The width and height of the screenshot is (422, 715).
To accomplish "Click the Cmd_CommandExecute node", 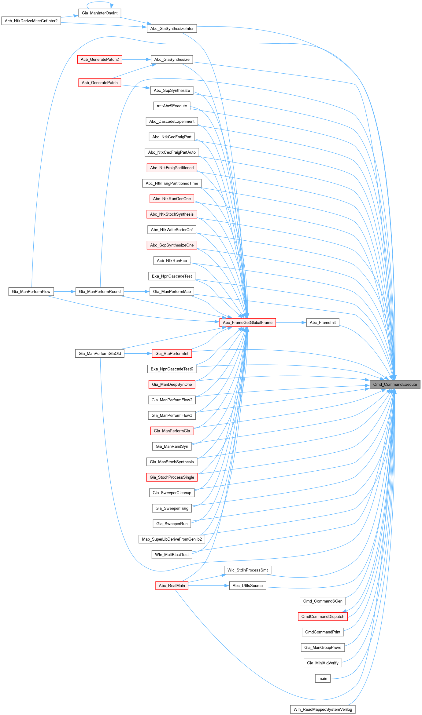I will pyautogui.click(x=395, y=384).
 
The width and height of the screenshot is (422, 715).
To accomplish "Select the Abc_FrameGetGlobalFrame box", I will pyautogui.click(x=247, y=323).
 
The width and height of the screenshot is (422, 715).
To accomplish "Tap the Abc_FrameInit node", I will pyautogui.click(x=323, y=323).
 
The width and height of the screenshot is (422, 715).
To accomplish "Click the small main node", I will pyautogui.click(x=323, y=678).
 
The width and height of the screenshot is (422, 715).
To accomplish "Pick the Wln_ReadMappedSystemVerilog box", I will pyautogui.click(x=323, y=709).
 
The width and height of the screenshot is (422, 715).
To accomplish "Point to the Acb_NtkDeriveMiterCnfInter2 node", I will pyautogui.click(x=31, y=21).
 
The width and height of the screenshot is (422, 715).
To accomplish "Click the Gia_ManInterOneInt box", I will pyautogui.click(x=100, y=13).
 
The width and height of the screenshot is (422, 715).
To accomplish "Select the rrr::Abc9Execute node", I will pyautogui.click(x=172, y=106).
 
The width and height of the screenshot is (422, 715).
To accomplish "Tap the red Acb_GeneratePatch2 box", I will pyautogui.click(x=100, y=60).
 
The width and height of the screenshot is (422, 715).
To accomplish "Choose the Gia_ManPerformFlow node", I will pyautogui.click(x=31, y=292).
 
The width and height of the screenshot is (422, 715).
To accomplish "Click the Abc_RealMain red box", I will pyautogui.click(x=172, y=585).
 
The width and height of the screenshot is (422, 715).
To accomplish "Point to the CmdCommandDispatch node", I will pyautogui.click(x=323, y=616).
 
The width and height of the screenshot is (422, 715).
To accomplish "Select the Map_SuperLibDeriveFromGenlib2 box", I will pyautogui.click(x=172, y=539).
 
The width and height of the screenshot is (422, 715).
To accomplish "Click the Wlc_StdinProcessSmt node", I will pyautogui.click(x=247, y=570).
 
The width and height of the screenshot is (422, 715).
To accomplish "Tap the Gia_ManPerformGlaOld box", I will pyautogui.click(x=100, y=353).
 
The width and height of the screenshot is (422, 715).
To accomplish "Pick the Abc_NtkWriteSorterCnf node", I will pyautogui.click(x=172, y=230).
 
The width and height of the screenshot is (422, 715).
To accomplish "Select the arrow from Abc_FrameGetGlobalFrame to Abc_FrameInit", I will pyautogui.click(x=291, y=323).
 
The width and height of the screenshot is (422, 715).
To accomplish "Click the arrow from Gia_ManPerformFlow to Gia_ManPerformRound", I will pyautogui.click(x=65, y=292).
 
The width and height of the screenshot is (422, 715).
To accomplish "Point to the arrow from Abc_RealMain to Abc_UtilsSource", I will pyautogui.click(x=208, y=585).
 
